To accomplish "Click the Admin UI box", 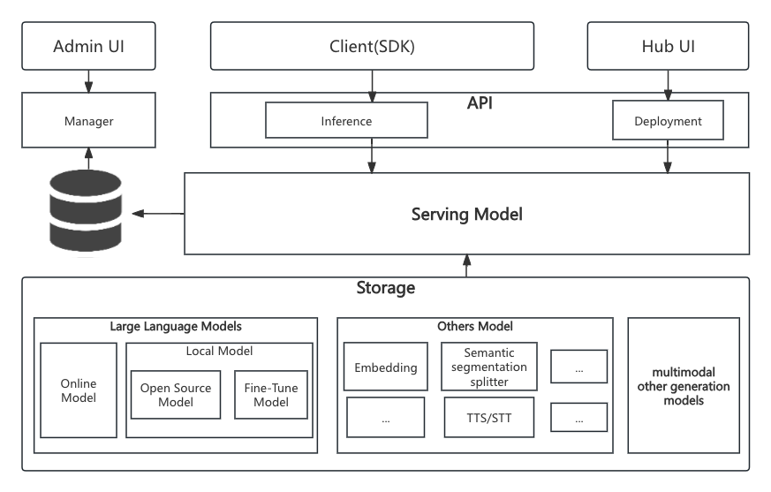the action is coord(88,46).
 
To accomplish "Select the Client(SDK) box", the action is coord(372,46).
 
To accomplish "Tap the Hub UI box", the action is coord(668,46).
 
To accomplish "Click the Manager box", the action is coord(88,120).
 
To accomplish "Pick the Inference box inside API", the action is coord(346,120).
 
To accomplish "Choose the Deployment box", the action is coord(668,120).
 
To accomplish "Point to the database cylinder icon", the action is coord(86,212).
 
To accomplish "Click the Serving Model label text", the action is coord(466,214).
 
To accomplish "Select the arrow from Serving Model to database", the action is coord(158,214).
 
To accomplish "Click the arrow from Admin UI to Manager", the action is coord(88,81).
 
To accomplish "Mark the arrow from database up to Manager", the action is coord(88,158).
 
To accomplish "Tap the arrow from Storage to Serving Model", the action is coord(466,266).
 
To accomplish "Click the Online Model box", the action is coord(79,390).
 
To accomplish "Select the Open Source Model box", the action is coord(176,395).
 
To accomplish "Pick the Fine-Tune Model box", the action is coord(271,395).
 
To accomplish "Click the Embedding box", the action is coord(385,367).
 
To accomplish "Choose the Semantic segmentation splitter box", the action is coord(488,367).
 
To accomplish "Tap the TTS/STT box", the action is coord(488,417).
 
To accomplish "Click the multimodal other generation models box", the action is coord(684,385).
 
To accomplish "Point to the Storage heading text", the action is coord(385,288).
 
